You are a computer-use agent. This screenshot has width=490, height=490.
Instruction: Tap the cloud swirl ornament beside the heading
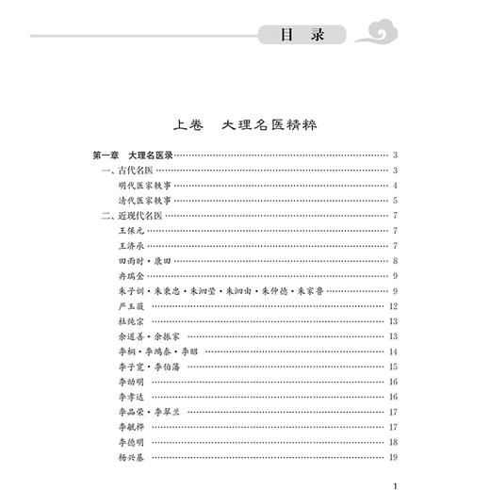click(x=377, y=36)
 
